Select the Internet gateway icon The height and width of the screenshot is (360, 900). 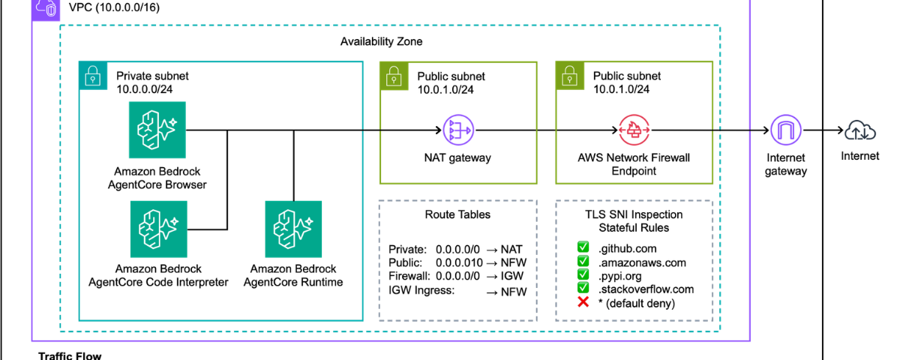[785, 131]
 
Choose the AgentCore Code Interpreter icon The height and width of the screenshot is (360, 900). [157, 228]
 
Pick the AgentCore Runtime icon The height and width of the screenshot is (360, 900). [293, 228]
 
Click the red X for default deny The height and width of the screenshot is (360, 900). [583, 303]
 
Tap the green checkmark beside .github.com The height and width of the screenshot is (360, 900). [583, 247]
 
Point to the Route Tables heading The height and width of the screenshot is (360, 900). [457, 214]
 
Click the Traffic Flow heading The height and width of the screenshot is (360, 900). [70, 355]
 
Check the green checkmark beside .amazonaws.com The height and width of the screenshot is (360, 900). [583, 261]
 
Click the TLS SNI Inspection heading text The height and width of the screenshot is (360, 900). [634, 214]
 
